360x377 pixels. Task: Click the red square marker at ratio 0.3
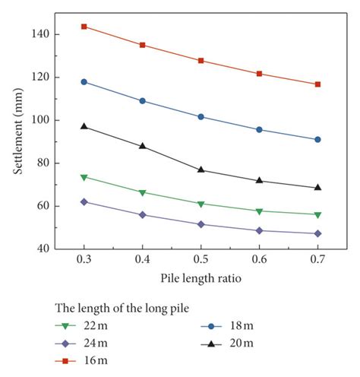(84, 27)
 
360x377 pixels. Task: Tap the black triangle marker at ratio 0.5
(201, 169)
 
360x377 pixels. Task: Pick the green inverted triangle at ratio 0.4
(143, 192)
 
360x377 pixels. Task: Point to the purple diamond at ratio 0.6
(260, 230)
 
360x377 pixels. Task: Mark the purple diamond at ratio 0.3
(84, 201)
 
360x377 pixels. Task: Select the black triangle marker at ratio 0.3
(84, 126)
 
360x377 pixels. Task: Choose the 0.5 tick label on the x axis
(201, 261)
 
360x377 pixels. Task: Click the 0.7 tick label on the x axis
(317, 261)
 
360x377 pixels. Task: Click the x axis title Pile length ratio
(201, 279)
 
